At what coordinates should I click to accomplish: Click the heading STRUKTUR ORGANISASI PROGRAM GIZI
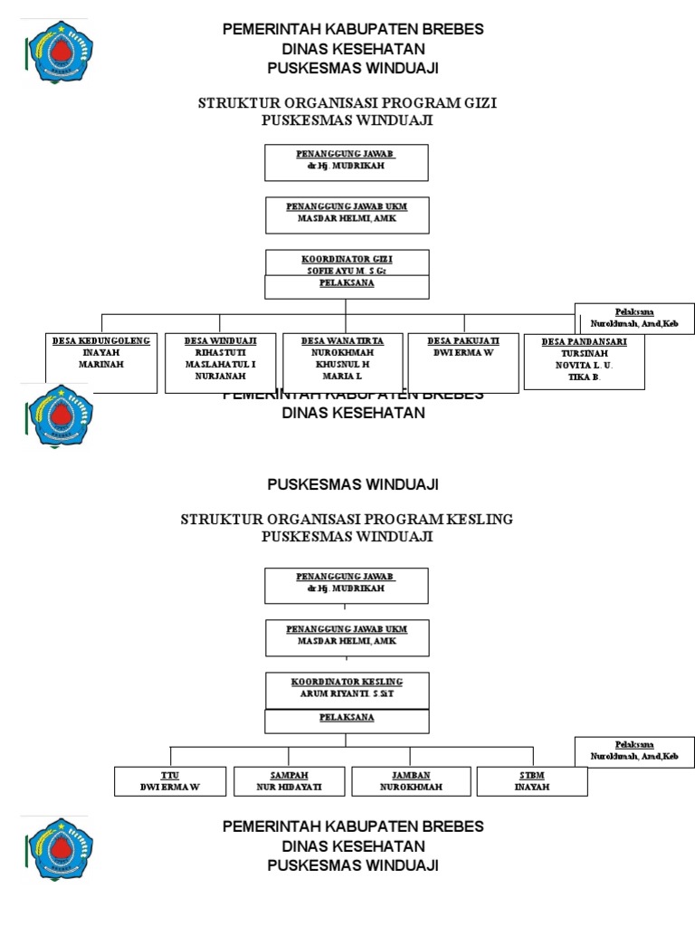(x=347, y=103)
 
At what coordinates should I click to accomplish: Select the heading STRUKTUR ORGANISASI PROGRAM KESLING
(x=347, y=520)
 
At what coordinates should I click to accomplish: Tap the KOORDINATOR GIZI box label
(x=347, y=259)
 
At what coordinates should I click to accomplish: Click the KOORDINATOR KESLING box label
(x=347, y=681)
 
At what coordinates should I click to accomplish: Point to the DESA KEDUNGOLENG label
(x=101, y=341)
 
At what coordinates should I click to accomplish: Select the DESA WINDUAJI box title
(x=220, y=341)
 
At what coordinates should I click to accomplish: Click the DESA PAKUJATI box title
(x=463, y=341)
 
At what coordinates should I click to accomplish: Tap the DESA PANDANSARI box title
(x=584, y=342)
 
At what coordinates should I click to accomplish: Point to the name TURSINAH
(x=584, y=353)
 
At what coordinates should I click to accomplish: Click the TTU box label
(x=169, y=776)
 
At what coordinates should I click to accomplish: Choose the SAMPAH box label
(x=289, y=776)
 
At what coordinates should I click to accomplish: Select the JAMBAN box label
(x=410, y=776)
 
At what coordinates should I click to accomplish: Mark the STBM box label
(x=532, y=776)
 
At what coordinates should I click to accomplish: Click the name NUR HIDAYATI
(x=289, y=788)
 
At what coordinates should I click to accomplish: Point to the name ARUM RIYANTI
(x=347, y=693)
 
